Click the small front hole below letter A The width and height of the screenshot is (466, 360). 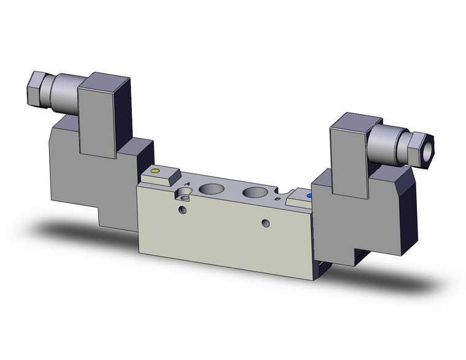[x=181, y=210]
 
